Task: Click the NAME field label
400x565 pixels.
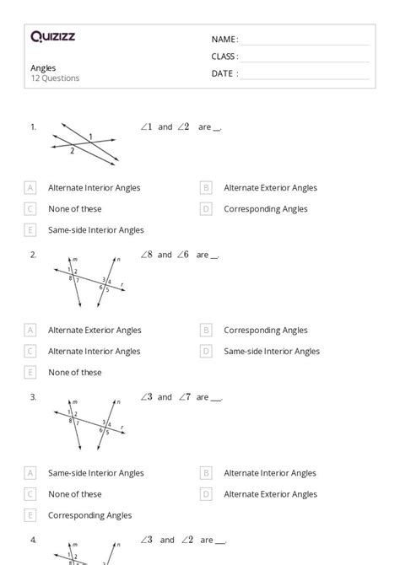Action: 224,40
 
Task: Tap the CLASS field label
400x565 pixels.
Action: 224,56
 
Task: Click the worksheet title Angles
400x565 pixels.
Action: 43,67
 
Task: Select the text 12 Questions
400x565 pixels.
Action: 56,78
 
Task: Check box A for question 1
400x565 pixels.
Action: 31,188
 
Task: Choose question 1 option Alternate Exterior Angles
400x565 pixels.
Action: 270,188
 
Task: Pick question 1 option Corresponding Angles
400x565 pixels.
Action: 265,209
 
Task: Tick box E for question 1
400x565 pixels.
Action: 31,230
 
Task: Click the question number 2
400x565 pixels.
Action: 33,255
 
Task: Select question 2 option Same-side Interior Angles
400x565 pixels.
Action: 272,352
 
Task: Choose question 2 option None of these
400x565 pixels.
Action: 74,373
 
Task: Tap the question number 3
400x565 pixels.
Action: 33,397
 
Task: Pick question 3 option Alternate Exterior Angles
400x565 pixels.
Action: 270,494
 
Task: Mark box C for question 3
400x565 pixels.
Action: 31,494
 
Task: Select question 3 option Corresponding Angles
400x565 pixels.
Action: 89,515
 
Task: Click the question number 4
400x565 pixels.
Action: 33,540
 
